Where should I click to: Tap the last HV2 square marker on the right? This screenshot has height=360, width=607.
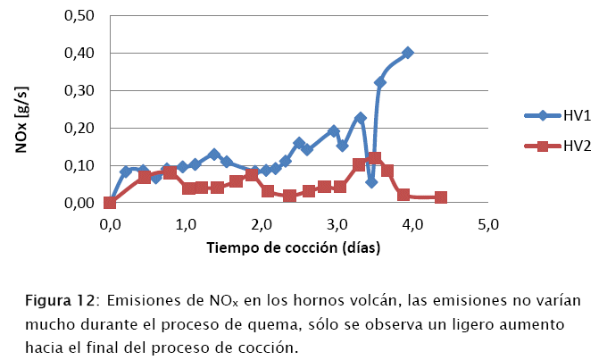coord(441,197)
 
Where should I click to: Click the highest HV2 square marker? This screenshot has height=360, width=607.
coord(374,159)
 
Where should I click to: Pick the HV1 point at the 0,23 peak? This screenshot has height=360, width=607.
coord(360,118)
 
